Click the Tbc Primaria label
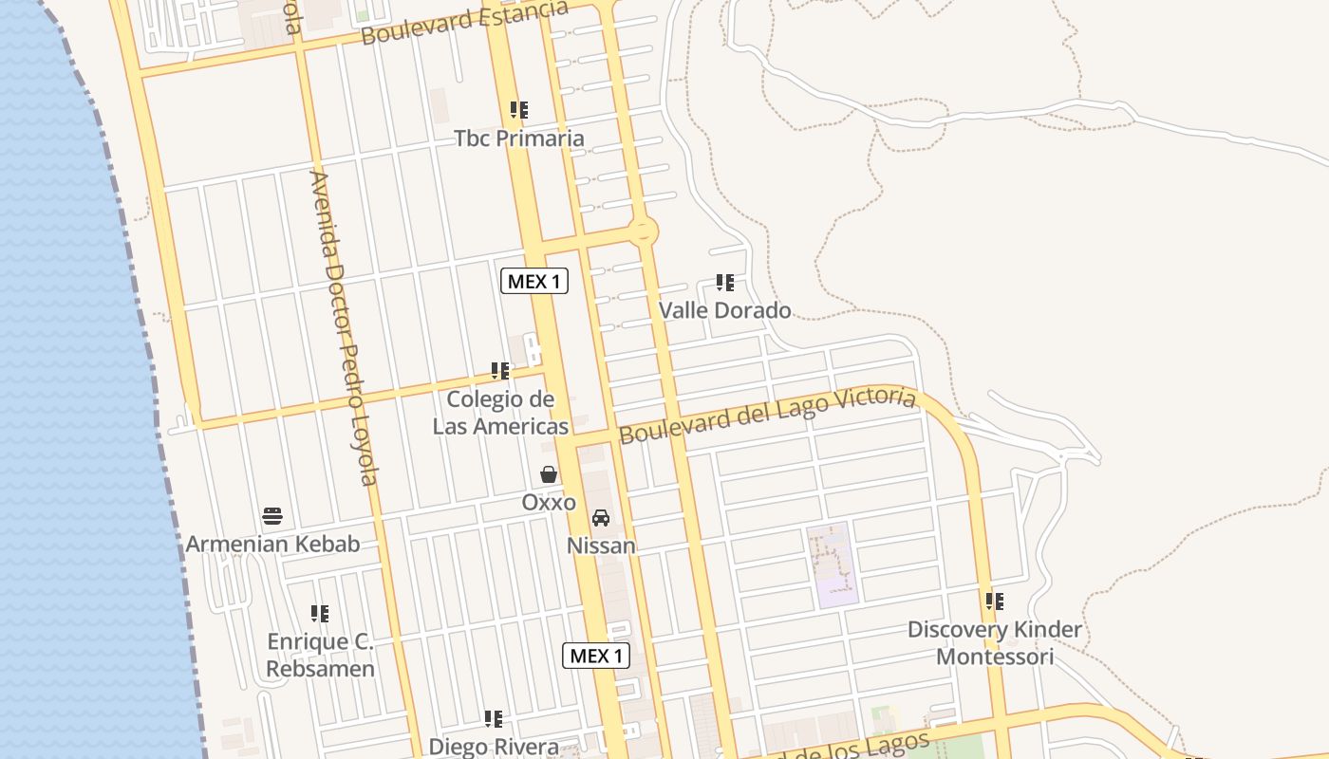tap(518, 139)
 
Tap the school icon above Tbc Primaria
tap(518, 110)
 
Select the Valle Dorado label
tap(724, 310)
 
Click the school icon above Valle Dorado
tap(725, 283)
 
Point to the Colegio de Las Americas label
tap(500, 413)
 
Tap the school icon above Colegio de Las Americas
tap(500, 371)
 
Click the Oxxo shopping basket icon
tap(549, 474)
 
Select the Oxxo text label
tap(549, 502)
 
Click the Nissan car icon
tap(601, 518)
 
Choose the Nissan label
tap(601, 546)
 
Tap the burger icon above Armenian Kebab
tap(272, 516)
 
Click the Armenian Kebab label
tap(272, 544)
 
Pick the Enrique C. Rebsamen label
tap(320, 656)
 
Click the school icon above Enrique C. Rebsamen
tap(320, 614)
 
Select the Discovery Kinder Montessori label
tap(994, 643)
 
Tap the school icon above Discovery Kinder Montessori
tap(995, 602)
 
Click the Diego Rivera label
tap(493, 747)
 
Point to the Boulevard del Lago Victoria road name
tap(768, 415)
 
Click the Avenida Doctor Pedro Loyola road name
tap(345, 327)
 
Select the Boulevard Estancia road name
tap(464, 23)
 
